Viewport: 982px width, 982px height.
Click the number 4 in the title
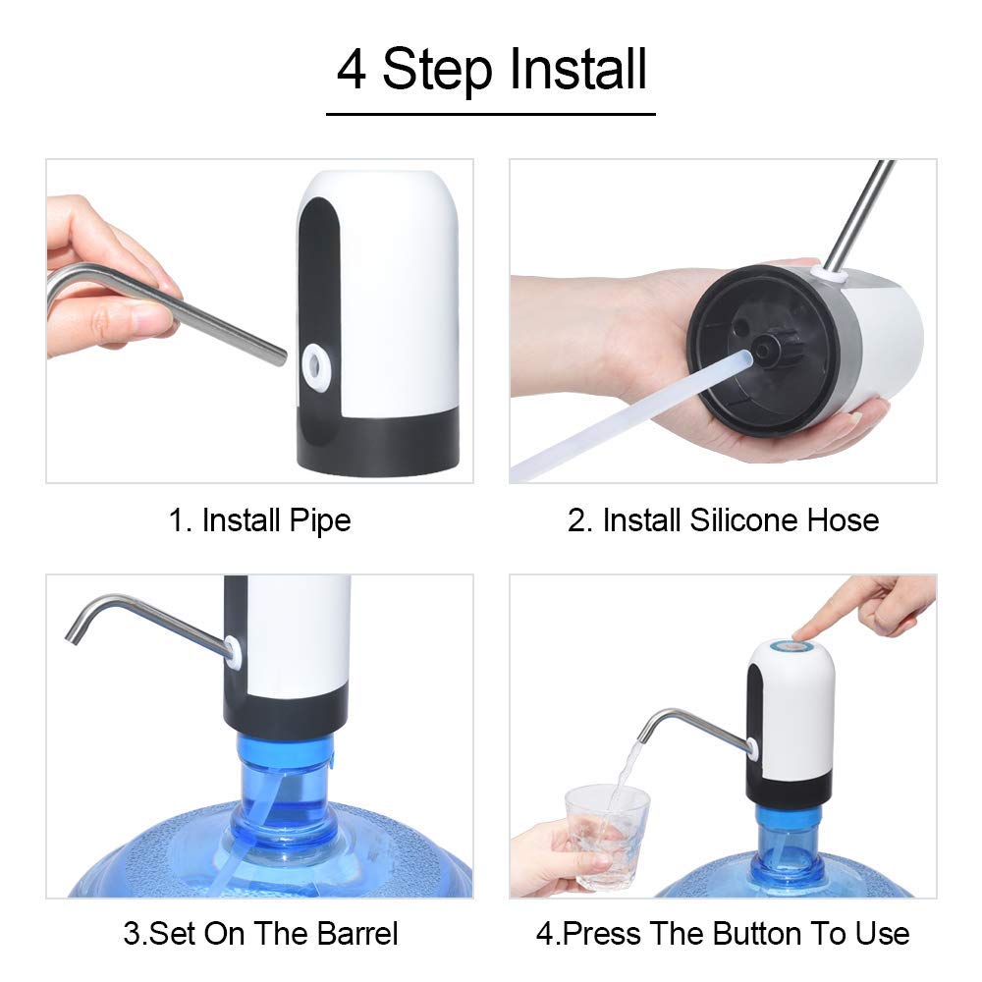tap(351, 71)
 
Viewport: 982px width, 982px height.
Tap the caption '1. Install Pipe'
tap(259, 519)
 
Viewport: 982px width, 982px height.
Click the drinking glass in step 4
tap(607, 835)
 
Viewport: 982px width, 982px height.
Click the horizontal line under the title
tap(490, 115)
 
